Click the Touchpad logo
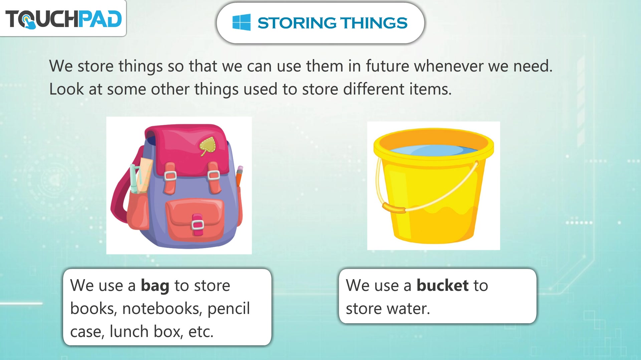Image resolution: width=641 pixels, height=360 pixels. tap(63, 19)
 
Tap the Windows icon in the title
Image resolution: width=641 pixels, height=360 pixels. tap(241, 22)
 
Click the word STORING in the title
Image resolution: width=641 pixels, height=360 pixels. tap(297, 23)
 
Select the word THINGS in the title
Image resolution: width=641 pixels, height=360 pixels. tap(374, 23)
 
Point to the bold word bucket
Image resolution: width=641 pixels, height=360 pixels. tap(442, 285)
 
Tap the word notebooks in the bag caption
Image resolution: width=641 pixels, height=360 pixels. tap(162, 309)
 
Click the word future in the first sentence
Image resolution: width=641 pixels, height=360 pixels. tap(387, 66)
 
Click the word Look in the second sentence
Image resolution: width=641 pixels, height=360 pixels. tap(66, 89)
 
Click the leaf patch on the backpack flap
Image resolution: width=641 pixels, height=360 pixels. tap(208, 146)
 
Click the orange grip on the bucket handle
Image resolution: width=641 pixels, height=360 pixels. tap(394, 208)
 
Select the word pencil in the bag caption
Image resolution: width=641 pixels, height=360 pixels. tap(229, 309)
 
